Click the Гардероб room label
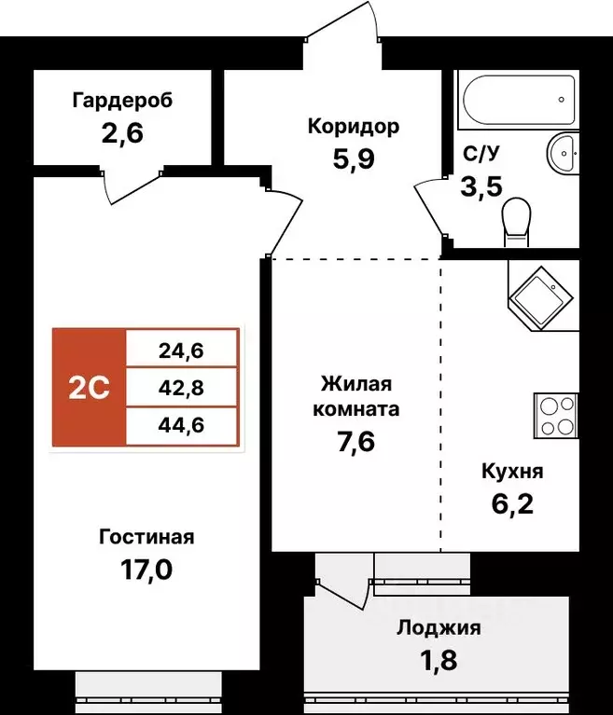point(122,101)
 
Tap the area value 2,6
point(122,134)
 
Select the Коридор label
point(354,126)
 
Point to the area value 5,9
point(354,159)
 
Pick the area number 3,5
point(481,186)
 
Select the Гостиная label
point(146,537)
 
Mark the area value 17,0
point(146,570)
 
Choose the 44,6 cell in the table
point(182,425)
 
